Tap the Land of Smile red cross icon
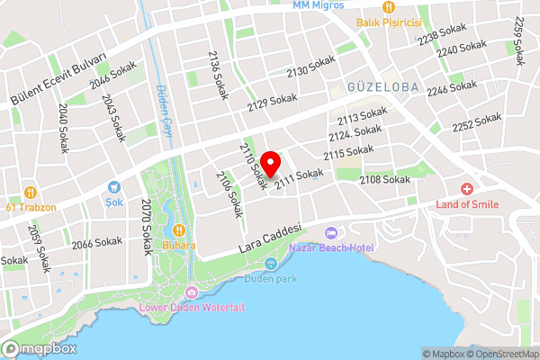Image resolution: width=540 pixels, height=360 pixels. [x=466, y=189]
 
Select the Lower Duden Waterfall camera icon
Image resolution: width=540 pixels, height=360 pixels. [x=192, y=292]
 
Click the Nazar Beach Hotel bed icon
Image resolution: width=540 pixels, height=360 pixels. [x=331, y=233]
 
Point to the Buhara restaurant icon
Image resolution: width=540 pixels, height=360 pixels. [x=178, y=229]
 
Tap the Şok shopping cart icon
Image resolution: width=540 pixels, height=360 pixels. [x=114, y=188]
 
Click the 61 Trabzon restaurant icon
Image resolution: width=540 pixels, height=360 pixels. [x=30, y=192]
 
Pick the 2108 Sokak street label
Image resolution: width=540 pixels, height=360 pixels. [x=384, y=180]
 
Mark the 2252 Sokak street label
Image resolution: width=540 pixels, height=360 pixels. [x=476, y=121]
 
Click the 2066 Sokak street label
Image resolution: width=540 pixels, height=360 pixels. [x=96, y=242]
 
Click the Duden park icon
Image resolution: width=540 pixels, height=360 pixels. [x=271, y=264]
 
